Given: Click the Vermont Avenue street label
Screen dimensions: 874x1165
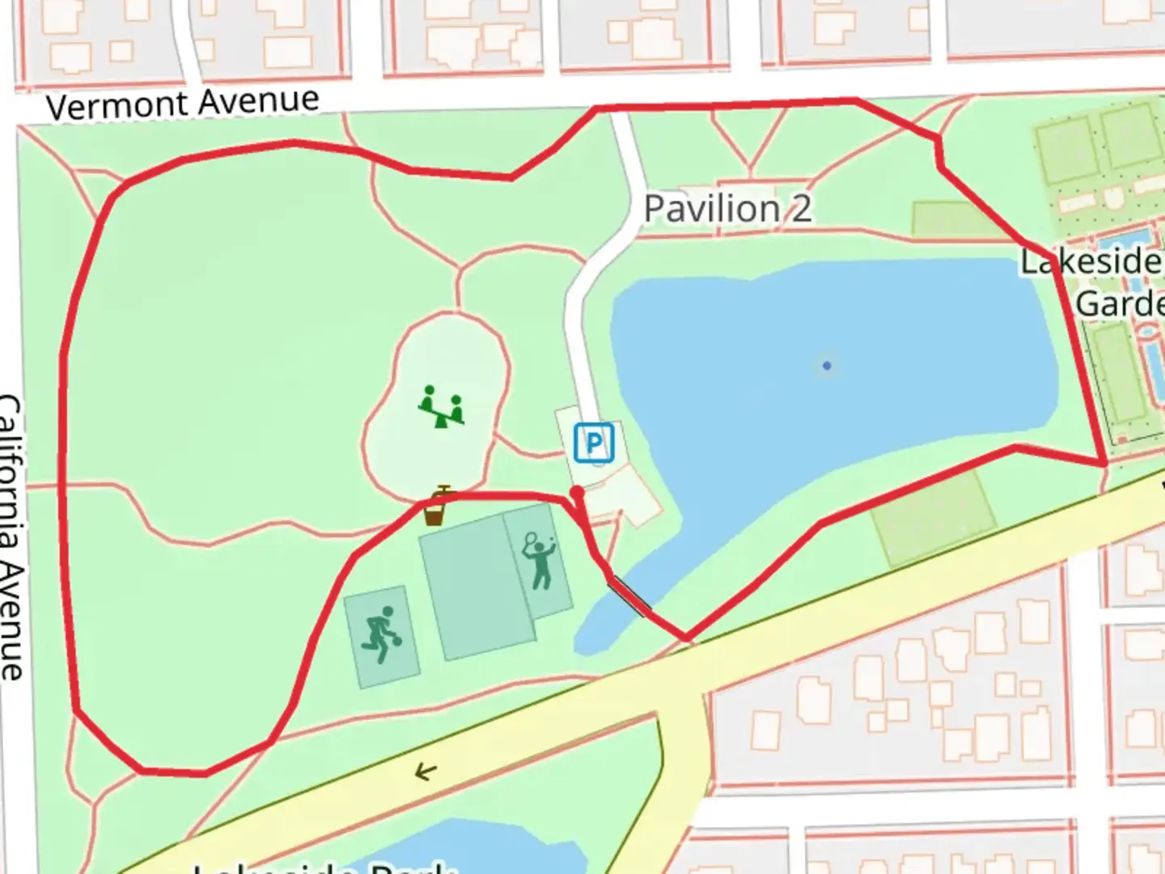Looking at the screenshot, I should click(x=182, y=104).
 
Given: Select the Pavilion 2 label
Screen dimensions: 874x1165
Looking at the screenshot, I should click(x=727, y=209).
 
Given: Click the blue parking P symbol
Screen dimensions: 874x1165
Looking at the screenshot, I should click(x=595, y=443).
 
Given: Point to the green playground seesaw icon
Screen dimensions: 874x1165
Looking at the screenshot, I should click(x=442, y=406).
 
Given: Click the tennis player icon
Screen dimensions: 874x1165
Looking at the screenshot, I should click(x=540, y=560).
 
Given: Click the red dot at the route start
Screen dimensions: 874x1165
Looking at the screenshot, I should click(x=577, y=492).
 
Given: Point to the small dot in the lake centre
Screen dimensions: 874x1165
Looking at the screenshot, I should click(x=826, y=366).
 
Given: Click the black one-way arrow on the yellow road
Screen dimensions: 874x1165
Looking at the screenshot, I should click(x=426, y=772).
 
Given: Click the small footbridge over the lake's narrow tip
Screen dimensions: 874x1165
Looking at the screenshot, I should click(x=629, y=596).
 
